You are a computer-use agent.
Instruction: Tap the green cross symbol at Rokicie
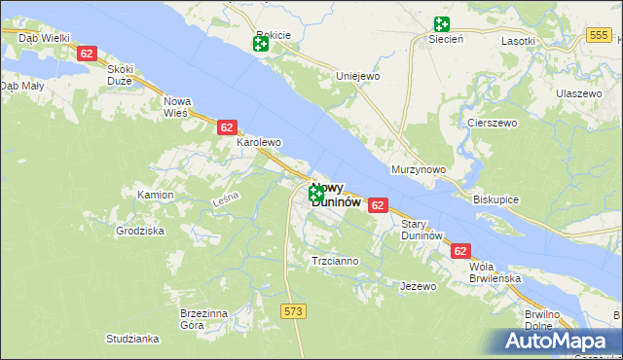(x=261, y=45)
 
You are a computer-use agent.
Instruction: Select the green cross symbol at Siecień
(x=442, y=23)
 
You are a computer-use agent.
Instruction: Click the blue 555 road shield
(x=599, y=35)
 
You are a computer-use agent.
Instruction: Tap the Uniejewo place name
(x=356, y=76)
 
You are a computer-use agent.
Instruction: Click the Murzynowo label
(x=418, y=169)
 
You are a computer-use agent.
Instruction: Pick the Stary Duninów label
(x=422, y=230)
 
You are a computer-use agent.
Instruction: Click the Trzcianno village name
(x=334, y=261)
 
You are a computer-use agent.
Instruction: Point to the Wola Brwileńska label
(x=494, y=271)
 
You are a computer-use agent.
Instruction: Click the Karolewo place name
(x=259, y=142)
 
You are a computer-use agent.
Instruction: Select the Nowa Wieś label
(x=177, y=107)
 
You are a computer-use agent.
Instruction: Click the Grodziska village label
(x=140, y=231)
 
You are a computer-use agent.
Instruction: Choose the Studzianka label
(x=133, y=339)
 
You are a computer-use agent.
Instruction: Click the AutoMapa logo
(x=562, y=341)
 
